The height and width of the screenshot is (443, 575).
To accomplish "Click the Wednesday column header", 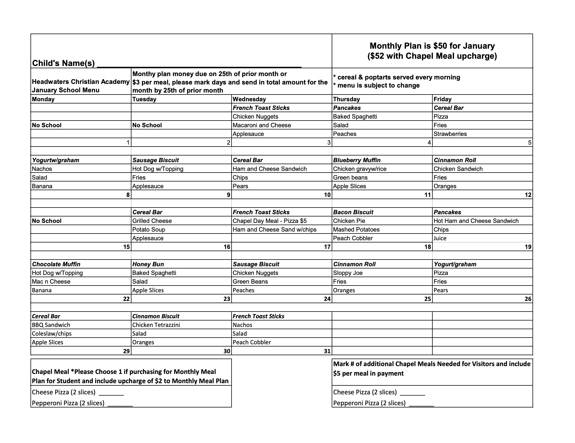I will tap(249, 99).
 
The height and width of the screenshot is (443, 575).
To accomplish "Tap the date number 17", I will tap(327, 247).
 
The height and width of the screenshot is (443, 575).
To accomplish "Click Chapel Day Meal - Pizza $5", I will tap(270, 221).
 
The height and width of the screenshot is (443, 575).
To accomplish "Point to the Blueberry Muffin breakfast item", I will tap(357, 160).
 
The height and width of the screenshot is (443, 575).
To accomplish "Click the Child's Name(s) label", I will tap(63, 63).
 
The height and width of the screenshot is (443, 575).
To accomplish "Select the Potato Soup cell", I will tap(149, 230).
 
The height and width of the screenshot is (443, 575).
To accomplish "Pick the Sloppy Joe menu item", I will tap(348, 273).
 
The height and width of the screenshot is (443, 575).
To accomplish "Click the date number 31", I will tap(327, 351).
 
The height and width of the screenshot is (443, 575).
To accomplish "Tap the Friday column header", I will tap(442, 99).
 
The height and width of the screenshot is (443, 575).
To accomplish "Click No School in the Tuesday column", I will tap(147, 125).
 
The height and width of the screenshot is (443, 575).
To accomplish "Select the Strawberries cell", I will tap(450, 134).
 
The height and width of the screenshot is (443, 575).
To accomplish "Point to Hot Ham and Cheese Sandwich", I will tap(476, 221).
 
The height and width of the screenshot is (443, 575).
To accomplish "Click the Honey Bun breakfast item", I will tap(148, 264).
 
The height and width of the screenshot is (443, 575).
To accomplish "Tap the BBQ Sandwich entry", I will tap(51, 325).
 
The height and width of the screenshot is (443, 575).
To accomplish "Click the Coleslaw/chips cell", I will tap(52, 334).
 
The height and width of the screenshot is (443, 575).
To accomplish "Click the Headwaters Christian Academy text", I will tap(81, 82).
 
